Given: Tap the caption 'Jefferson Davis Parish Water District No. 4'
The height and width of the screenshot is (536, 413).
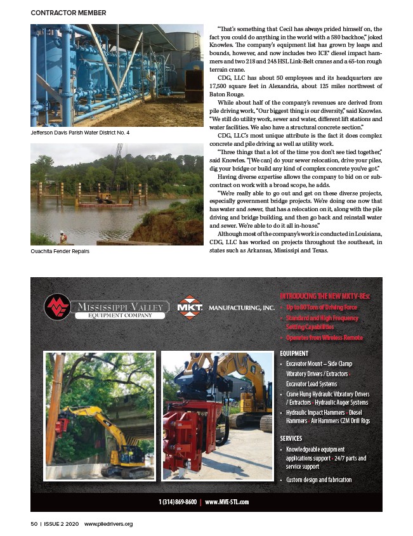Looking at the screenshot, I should tap(80, 133).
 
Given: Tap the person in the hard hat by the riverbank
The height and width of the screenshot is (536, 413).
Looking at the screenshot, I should tap(62, 237).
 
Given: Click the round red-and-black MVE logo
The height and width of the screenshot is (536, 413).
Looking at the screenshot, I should tap(56, 308).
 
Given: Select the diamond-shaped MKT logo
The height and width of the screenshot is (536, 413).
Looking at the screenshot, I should tap(190, 308).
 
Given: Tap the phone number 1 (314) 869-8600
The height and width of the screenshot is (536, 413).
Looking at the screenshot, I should tap(177, 502).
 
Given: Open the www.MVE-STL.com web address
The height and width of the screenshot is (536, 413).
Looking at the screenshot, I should tap(227, 502).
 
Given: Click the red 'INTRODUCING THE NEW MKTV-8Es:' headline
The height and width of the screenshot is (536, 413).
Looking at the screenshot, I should tap(325, 296).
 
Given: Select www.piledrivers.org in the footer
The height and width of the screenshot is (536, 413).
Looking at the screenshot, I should tap(108, 524).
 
